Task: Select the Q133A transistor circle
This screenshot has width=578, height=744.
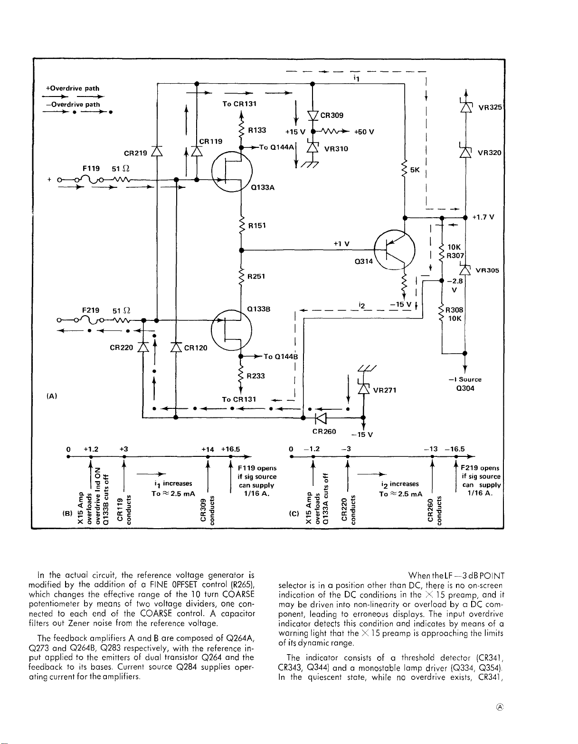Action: pyautogui.click(x=232, y=171)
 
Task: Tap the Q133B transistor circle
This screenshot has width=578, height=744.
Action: pyautogui.click(x=231, y=330)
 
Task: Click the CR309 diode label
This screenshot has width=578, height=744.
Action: pyautogui.click(x=332, y=116)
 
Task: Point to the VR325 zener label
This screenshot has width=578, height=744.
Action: pyautogui.click(x=490, y=107)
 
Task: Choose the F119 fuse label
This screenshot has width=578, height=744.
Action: pyautogui.click(x=91, y=168)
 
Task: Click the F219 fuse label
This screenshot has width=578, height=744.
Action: pyautogui.click(x=91, y=310)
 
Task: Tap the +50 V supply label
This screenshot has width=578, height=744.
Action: pyautogui.click(x=364, y=132)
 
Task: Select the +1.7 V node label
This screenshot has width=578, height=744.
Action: pyautogui.click(x=483, y=217)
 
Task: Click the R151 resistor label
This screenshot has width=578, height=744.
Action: pyautogui.click(x=257, y=226)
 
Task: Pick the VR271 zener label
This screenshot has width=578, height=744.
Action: pyautogui.click(x=385, y=390)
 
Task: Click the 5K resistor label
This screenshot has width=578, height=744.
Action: pyautogui.click(x=415, y=170)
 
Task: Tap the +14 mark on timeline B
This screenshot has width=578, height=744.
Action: pyautogui.click(x=208, y=449)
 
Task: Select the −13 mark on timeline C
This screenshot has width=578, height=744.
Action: pyautogui.click(x=431, y=449)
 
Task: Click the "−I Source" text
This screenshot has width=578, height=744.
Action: pyautogui.click(x=465, y=379)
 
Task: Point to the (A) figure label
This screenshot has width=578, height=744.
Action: pyautogui.click(x=51, y=396)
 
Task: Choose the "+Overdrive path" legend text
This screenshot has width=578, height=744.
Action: pyautogui.click(x=73, y=88)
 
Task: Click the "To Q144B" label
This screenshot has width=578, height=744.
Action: pyautogui.click(x=281, y=357)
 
